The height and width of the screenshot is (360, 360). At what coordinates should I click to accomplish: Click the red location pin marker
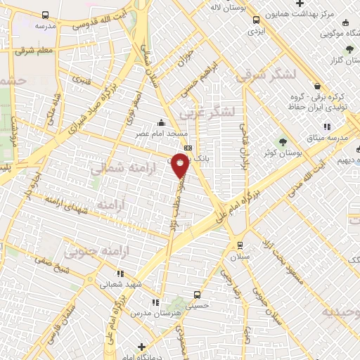click(x=181, y=167)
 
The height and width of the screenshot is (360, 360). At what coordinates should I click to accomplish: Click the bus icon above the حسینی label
click(x=197, y=295)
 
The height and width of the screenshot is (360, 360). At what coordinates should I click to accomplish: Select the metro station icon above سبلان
click(x=240, y=245)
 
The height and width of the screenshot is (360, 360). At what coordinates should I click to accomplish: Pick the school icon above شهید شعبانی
click(x=120, y=273)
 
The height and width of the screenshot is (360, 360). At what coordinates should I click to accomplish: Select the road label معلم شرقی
click(x=39, y=49)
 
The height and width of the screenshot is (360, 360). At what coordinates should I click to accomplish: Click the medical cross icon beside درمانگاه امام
click(x=141, y=347)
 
